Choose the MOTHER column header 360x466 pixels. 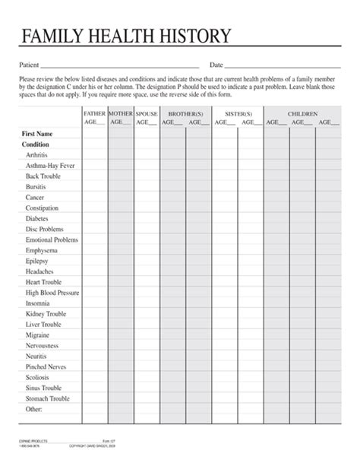coord(120,113)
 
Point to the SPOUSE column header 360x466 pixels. coord(147,113)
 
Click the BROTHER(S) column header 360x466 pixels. coord(185,113)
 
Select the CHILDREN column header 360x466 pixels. coord(302,113)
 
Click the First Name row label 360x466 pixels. coord(38,132)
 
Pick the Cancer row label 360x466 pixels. coord(35,197)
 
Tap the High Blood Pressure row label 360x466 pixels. coord(52,293)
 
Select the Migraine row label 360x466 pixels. coord(37,335)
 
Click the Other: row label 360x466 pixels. coord(34,409)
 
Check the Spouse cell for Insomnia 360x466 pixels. coord(147,303)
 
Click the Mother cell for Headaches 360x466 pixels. coord(120,271)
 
